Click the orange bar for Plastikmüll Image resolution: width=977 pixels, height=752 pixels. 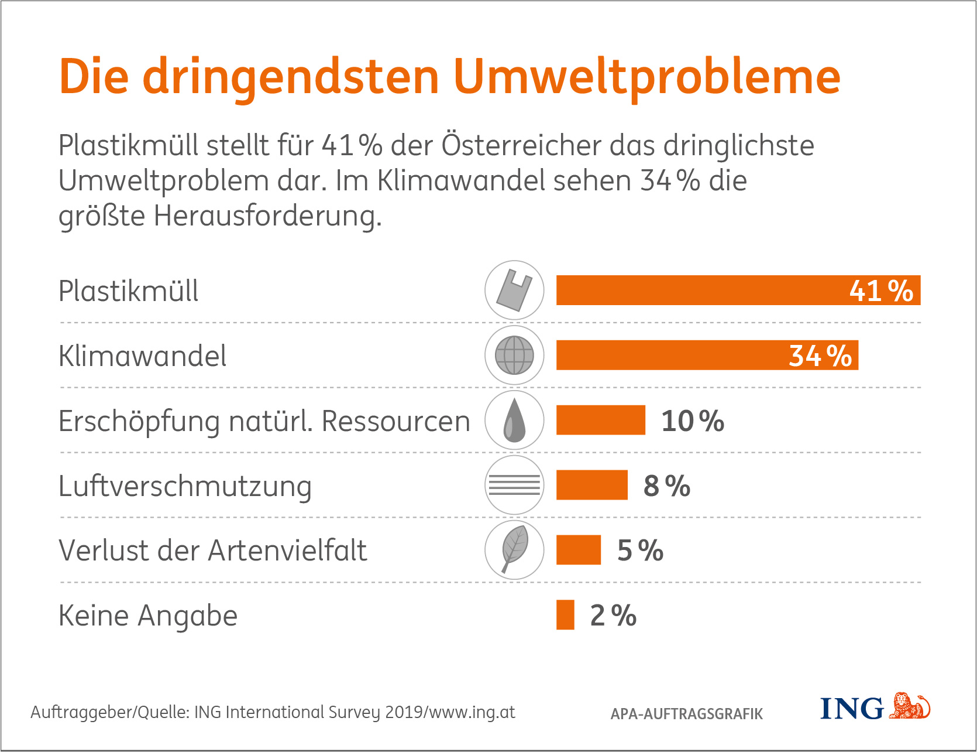(702, 290)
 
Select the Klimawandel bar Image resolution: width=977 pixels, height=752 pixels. (673, 356)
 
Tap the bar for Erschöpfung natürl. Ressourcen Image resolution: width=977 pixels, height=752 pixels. (601, 421)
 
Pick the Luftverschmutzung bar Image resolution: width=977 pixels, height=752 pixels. (591, 486)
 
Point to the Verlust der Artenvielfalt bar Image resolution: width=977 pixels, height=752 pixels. (579, 551)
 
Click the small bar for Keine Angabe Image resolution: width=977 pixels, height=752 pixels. (565, 616)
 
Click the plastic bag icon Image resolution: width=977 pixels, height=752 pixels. (514, 290)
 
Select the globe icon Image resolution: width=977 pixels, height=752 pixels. (514, 356)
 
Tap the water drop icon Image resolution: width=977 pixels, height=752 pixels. (514, 421)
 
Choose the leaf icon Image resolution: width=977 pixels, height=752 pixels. (514, 550)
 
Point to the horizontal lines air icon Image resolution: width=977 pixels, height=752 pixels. (514, 486)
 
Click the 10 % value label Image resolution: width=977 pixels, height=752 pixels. (693, 421)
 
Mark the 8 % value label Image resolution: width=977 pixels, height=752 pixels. (667, 486)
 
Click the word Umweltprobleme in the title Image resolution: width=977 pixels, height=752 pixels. (646, 78)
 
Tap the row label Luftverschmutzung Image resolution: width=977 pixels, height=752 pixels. (185, 486)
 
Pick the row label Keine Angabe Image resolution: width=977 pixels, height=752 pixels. (148, 616)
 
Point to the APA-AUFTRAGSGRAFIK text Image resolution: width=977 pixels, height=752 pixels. (687, 714)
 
